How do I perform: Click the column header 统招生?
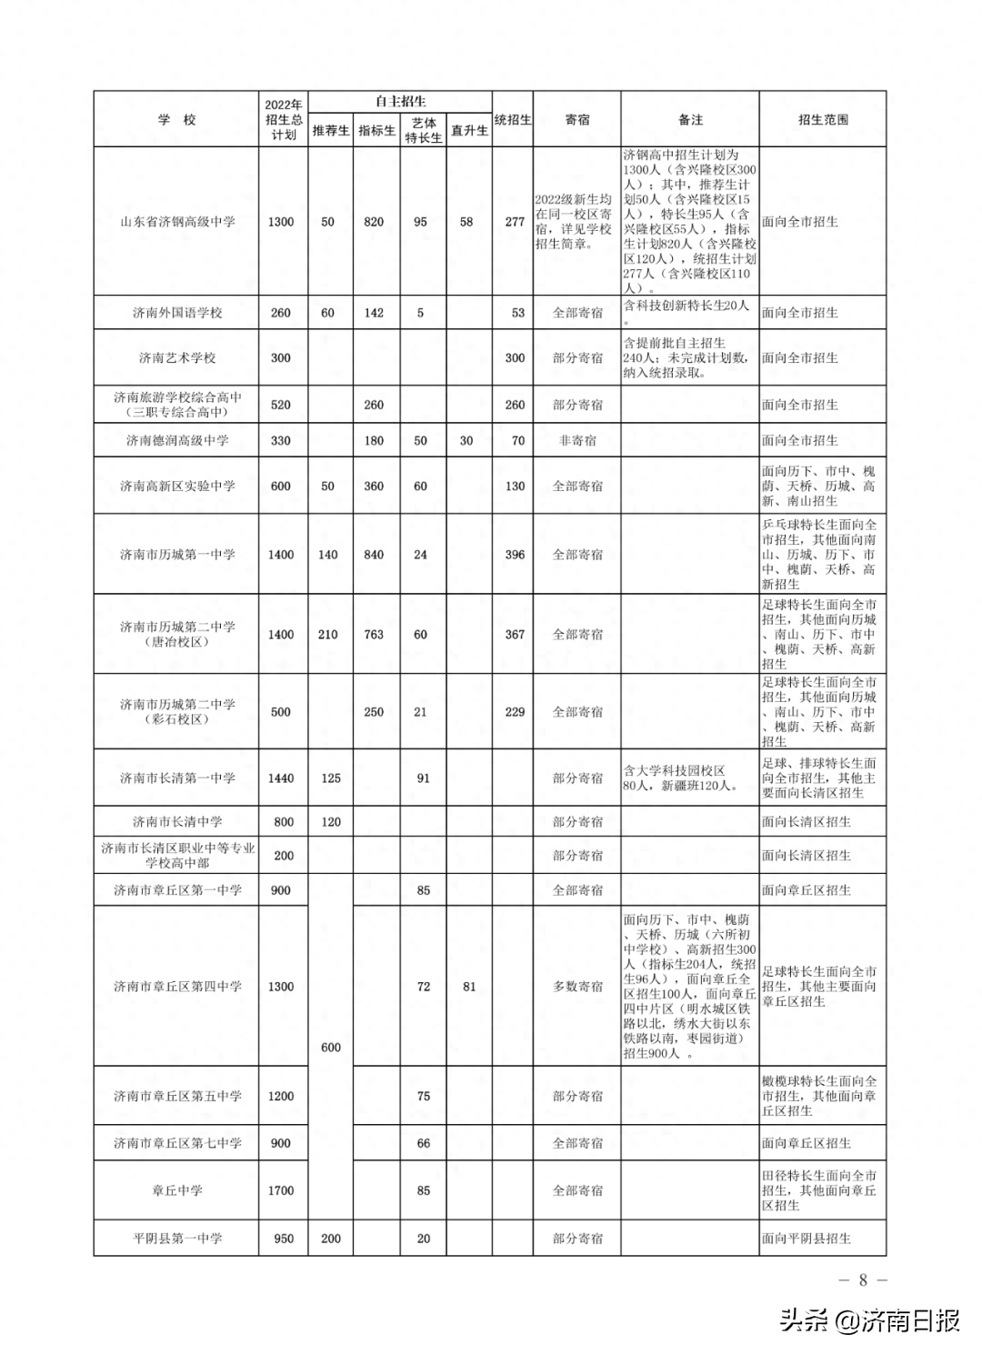[x=513, y=120]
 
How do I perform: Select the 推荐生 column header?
[x=331, y=131]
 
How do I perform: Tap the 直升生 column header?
[x=469, y=131]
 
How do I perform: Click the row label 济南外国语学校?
[x=177, y=313]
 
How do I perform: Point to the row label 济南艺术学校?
[x=177, y=358]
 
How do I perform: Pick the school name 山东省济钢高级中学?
[x=177, y=222]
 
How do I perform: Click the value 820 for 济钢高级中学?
[x=374, y=222]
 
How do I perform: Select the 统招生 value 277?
[x=515, y=222]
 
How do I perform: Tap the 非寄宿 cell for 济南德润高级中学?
[x=577, y=441]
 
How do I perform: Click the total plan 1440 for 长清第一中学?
[x=281, y=778]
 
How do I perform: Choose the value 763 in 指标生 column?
[x=374, y=635]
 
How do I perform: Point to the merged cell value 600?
[x=331, y=1048]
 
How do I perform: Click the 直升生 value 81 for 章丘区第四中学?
[x=469, y=987]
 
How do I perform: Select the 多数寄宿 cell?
[x=577, y=987]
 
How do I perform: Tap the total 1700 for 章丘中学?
[x=281, y=1190]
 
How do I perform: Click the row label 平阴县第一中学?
[x=177, y=1239]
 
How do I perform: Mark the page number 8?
[x=863, y=1280]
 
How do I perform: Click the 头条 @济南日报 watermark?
[x=869, y=1320]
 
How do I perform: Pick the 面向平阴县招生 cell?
[x=807, y=1239]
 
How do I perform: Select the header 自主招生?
[x=400, y=102]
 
